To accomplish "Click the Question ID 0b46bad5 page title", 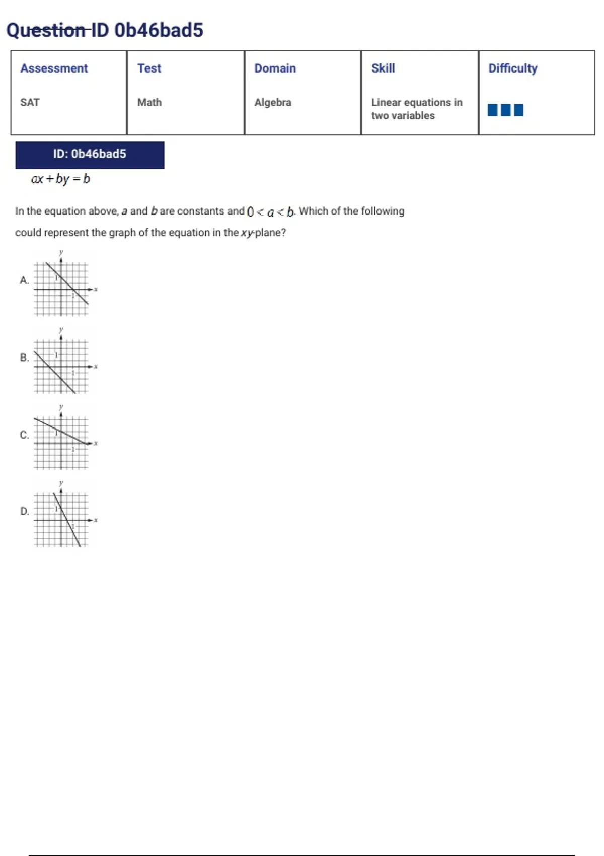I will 105,30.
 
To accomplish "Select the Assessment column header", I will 54,68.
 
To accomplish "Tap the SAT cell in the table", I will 30,103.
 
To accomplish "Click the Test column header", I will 149,68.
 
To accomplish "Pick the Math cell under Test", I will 149,103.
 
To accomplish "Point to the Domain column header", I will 275,68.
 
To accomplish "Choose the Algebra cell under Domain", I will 273,103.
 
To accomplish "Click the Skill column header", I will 383,68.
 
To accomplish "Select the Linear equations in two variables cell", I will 416,109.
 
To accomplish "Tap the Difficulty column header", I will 512,68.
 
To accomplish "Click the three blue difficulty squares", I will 505,110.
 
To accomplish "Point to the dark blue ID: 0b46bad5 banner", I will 90,155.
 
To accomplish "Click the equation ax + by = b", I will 60,179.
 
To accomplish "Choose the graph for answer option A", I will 61,289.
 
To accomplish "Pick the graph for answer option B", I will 61,366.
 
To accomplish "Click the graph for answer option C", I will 61,443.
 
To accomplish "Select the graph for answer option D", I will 61,520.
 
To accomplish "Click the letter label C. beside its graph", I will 24,435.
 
